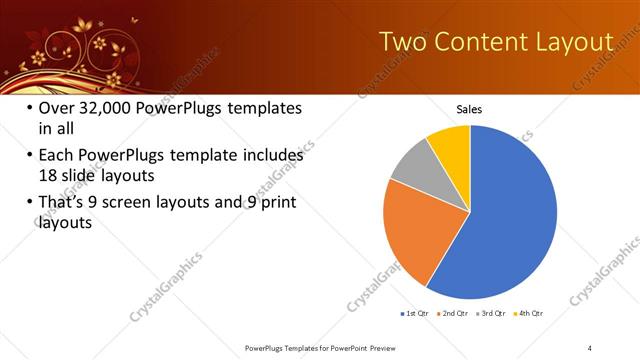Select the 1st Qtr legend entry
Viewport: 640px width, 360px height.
(416, 313)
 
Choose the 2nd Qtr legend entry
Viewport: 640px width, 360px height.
(454, 313)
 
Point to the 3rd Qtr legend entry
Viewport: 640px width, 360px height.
(491, 313)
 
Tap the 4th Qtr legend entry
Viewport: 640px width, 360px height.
(528, 313)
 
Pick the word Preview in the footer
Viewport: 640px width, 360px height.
(395, 347)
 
